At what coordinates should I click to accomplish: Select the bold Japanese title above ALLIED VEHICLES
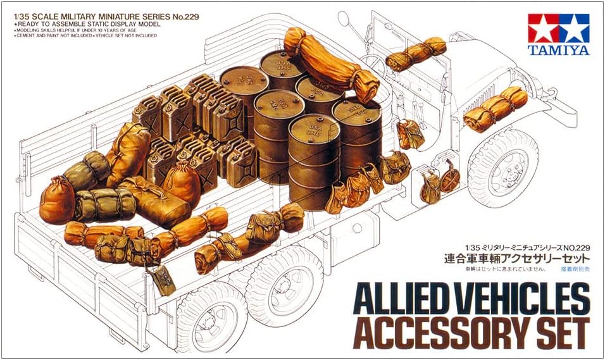click(x=517, y=258)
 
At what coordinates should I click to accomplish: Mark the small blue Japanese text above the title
click(x=575, y=270)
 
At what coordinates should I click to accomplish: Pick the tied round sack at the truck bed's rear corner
click(x=57, y=199)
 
